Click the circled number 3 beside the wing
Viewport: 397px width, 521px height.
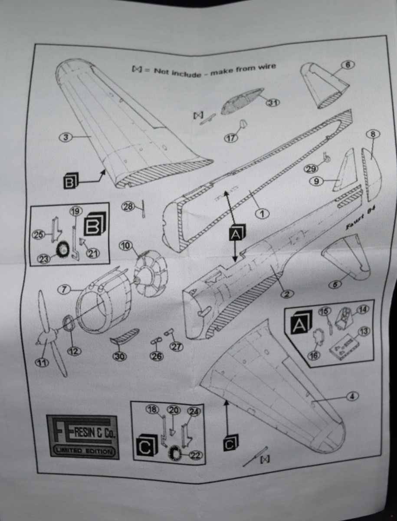[66, 138]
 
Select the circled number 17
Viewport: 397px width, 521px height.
[231, 138]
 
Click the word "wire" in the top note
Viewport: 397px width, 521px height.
[265, 67]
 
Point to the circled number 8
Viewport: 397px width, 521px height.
[372, 134]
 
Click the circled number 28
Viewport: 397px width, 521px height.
[128, 207]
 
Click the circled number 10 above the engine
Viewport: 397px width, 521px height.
[126, 246]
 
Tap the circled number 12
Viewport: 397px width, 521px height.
[74, 351]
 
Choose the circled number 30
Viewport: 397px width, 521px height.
[118, 356]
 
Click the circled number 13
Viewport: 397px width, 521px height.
[364, 332]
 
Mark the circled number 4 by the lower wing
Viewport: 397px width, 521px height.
[352, 396]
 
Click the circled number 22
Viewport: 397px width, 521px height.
[196, 455]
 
